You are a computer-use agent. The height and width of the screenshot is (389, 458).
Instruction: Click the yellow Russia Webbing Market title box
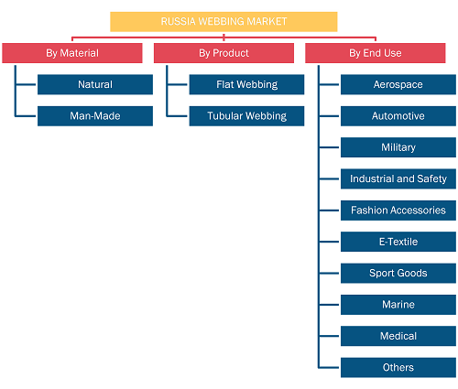point(224,22)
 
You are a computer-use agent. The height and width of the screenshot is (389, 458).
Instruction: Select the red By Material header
point(72,53)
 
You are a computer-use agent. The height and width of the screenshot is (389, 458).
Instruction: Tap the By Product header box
point(224,53)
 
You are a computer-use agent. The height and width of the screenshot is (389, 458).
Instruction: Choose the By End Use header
point(376,53)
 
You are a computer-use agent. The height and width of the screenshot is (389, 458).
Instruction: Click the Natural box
point(95,84)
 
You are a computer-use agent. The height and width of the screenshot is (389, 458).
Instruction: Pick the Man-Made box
point(95,116)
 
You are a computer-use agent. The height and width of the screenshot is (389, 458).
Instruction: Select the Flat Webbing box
point(246,84)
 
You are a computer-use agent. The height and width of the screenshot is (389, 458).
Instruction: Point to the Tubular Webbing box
point(246,116)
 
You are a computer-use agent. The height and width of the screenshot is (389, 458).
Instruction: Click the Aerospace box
point(398,84)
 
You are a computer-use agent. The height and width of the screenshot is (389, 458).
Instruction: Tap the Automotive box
point(398,116)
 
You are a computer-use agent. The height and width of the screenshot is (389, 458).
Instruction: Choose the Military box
point(398,147)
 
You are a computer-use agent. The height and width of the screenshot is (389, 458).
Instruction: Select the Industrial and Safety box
point(398,178)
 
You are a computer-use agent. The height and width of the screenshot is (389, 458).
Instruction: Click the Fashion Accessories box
point(398,211)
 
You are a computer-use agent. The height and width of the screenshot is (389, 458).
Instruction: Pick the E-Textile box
point(398,242)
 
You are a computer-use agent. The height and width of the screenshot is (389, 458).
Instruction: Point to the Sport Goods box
point(398,273)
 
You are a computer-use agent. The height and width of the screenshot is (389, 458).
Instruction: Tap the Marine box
point(398,305)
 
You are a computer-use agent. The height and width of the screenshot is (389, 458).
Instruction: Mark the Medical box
point(398,336)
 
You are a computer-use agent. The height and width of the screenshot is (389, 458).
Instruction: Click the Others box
point(398,367)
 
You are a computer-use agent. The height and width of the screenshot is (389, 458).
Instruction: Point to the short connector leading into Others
point(329,367)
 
